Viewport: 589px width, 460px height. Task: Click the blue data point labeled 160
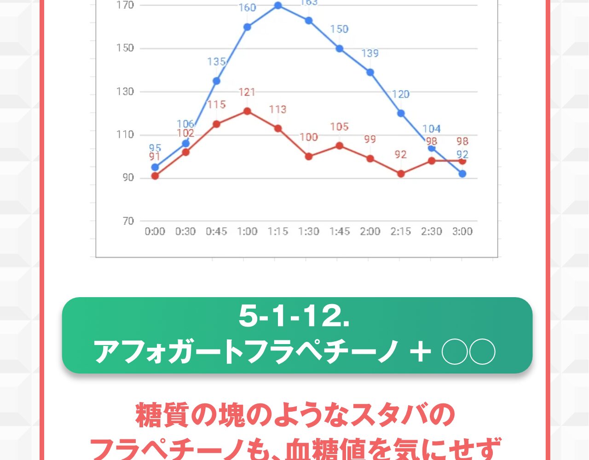247,27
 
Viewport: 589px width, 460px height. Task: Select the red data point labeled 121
247,111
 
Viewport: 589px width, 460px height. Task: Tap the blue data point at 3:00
462,174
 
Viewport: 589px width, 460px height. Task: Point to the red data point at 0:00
155,176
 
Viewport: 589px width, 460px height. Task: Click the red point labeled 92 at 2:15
401,174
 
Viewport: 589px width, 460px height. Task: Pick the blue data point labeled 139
370,72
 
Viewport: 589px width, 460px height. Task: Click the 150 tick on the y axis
125,48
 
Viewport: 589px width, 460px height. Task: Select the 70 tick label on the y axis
128,221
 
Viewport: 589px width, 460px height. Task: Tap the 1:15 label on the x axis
278,231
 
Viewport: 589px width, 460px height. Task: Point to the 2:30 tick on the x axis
431,231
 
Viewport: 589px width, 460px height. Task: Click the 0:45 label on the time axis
216,231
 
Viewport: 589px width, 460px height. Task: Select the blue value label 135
216,62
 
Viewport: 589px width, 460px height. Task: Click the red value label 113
278,109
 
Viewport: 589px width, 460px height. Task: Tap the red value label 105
339,126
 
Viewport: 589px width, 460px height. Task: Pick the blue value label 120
400,94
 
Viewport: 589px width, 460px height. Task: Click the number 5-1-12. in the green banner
294,316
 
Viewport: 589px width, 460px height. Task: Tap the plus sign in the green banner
420,352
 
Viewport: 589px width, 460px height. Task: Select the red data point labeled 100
308,156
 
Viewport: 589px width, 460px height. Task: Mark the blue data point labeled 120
401,113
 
